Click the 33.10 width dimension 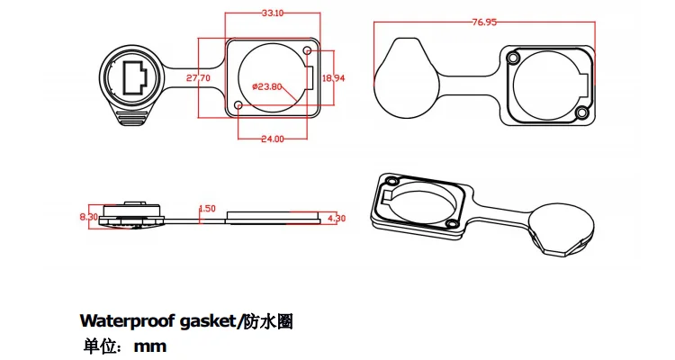click(273, 13)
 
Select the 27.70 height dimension click(198, 78)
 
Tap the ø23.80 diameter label click(267, 86)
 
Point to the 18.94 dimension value click(333, 78)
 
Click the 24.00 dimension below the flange click(271, 139)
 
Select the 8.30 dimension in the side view click(88, 216)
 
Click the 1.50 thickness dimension click(206, 208)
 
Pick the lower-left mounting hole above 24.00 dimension click(238, 106)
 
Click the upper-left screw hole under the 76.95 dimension click(513, 58)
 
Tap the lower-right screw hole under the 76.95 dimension click(581, 112)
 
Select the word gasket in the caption click(206, 321)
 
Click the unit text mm click(149, 346)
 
